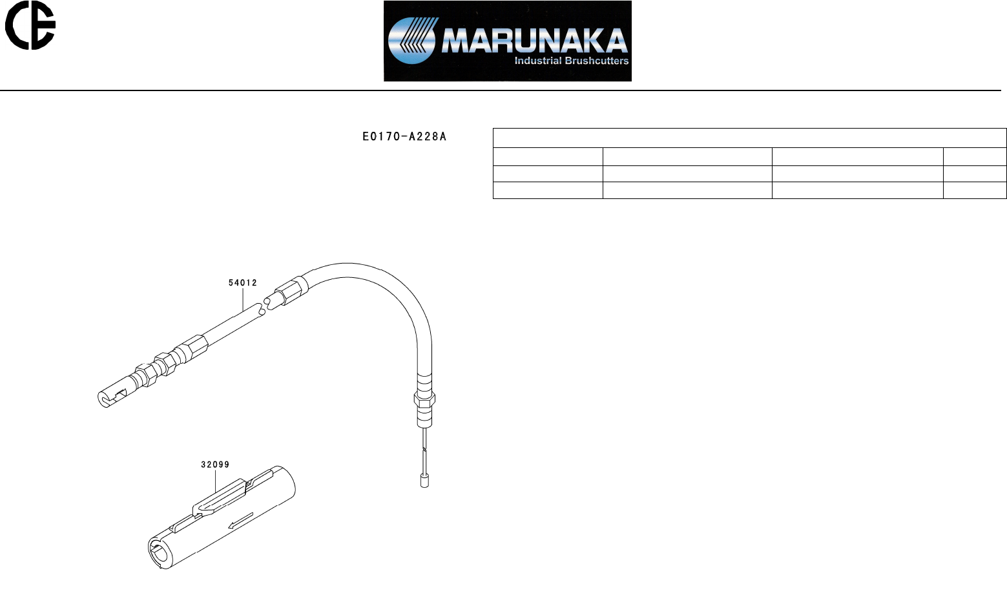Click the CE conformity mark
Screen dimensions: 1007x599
click(30, 25)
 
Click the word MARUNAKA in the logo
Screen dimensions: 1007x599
click(534, 41)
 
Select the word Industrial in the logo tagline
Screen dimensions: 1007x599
click(537, 61)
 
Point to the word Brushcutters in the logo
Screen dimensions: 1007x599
click(597, 61)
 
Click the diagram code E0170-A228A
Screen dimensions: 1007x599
click(404, 136)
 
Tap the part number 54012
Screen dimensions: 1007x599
click(243, 282)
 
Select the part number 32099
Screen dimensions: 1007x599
click(215, 464)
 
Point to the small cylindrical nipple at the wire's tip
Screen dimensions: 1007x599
click(425, 481)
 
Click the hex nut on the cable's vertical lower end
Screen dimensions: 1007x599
click(424, 404)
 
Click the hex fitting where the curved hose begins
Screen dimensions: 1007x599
click(292, 288)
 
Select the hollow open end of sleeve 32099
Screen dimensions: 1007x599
click(157, 554)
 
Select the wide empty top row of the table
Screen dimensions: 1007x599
click(749, 138)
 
